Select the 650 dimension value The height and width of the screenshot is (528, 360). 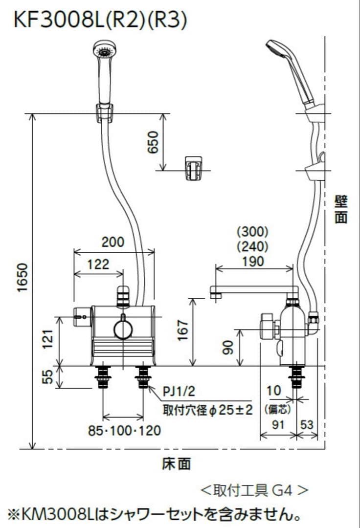pos(153,142)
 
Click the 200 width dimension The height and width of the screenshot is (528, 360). pos(113,242)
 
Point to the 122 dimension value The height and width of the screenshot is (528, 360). pos(98,264)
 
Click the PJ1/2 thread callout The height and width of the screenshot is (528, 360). pos(179,392)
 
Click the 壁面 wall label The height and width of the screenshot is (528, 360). pos(341,210)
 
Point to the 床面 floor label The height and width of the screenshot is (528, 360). pos(177,463)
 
